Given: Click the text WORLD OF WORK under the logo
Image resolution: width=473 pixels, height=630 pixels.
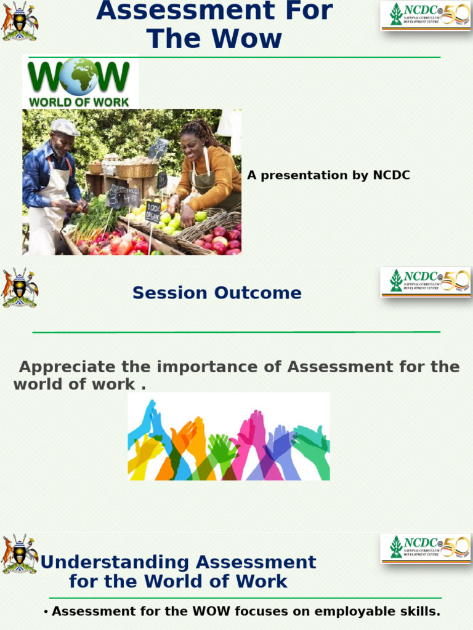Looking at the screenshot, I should coord(79,102).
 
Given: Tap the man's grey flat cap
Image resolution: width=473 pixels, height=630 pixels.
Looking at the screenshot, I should coord(65,127).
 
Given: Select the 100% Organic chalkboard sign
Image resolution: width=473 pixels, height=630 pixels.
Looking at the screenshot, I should coord(152,212).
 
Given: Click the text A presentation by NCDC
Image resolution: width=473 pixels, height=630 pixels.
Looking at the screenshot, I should coord(328,175).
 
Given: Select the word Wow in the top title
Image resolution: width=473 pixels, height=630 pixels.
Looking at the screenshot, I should coord(249,39).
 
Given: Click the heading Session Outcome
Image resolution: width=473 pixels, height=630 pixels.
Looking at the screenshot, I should coord(217,293).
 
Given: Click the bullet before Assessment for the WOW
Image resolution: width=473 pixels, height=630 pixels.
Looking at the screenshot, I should coord(46,612).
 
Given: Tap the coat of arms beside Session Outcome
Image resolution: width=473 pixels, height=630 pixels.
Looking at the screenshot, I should coord(20,287).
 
